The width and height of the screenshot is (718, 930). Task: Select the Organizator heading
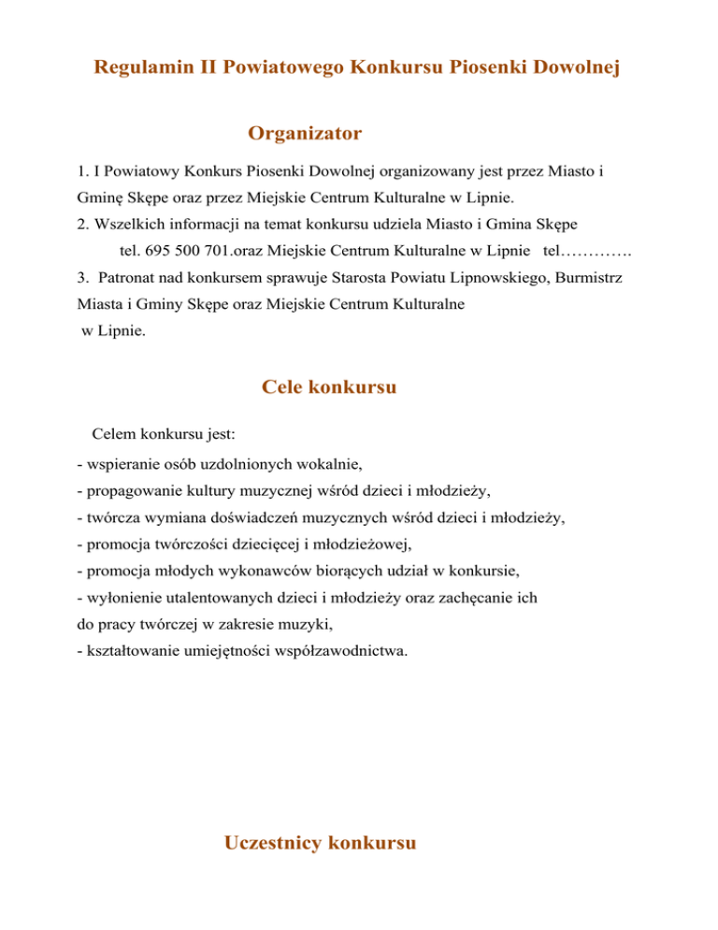coord(305,135)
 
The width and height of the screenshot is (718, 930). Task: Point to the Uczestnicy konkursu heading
coord(320,844)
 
